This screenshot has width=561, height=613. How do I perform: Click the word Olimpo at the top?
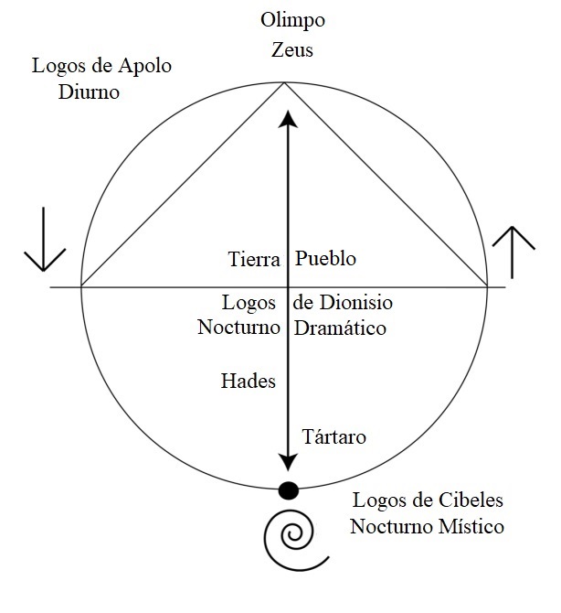292,20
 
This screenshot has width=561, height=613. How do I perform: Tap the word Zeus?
292,49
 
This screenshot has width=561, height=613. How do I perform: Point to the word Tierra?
253,259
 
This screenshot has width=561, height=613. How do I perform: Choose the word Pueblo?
325,259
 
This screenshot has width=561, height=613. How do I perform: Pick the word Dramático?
340,327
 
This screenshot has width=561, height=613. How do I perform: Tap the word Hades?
248,381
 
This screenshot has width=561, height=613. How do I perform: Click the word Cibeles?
462,501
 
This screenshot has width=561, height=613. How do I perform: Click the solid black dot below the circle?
288,490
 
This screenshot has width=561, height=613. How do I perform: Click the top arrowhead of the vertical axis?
289,118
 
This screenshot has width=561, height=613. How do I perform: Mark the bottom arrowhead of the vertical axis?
289,462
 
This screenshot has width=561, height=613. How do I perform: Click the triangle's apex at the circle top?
284,83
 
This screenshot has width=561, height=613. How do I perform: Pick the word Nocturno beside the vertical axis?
237,327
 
